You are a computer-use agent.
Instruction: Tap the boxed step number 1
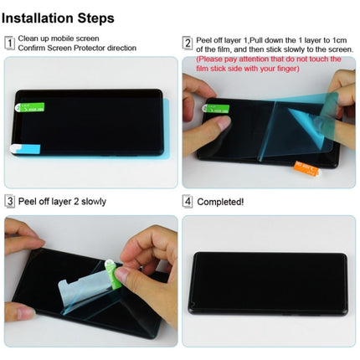tap(9, 43)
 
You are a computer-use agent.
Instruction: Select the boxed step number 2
tap(188, 43)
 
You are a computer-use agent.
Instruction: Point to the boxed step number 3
tap(9, 201)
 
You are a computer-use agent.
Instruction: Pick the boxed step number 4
tap(188, 201)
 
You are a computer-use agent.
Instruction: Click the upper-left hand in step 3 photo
tap(21, 234)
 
